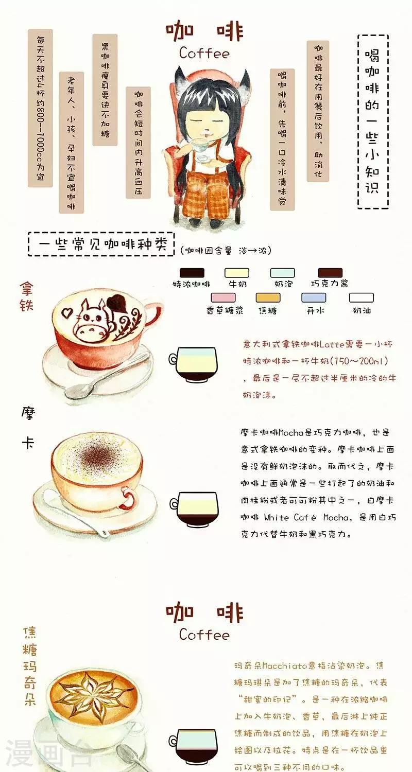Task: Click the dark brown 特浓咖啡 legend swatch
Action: point(192,273)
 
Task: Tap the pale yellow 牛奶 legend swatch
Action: point(237,273)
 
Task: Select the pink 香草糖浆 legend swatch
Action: point(224,297)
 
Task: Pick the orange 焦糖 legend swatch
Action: point(268,297)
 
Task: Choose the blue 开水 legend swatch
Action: point(314,297)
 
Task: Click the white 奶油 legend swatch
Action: point(362,297)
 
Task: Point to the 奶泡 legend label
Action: point(283,284)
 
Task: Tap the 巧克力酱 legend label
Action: point(329,284)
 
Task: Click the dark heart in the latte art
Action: point(116,303)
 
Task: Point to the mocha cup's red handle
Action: point(128,497)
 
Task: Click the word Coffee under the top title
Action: point(204,54)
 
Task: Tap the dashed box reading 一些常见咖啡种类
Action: point(101,244)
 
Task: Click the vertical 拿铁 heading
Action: point(26,296)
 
